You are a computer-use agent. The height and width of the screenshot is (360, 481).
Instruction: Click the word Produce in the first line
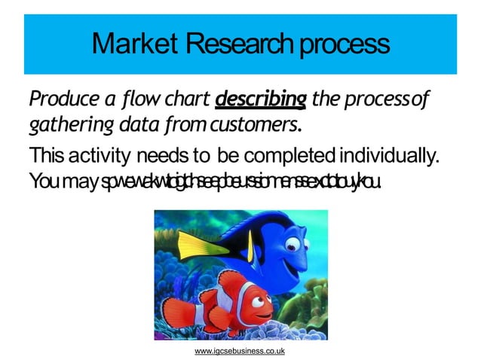[62, 99]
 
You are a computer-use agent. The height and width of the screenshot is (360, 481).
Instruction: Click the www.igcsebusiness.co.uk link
[240, 352]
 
